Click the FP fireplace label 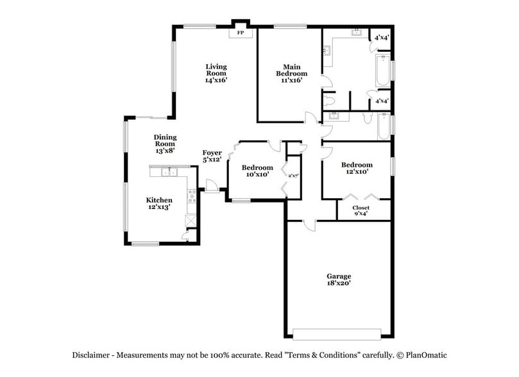241,32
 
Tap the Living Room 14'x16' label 216,73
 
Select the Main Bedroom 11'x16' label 293,73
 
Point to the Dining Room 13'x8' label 165,144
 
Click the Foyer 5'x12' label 212,156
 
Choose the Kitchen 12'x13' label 159,203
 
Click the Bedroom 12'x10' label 357,168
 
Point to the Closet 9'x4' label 361,211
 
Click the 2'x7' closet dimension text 294,176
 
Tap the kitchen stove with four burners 191,196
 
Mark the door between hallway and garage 309,224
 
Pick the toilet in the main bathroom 329,100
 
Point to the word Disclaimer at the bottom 92,355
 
